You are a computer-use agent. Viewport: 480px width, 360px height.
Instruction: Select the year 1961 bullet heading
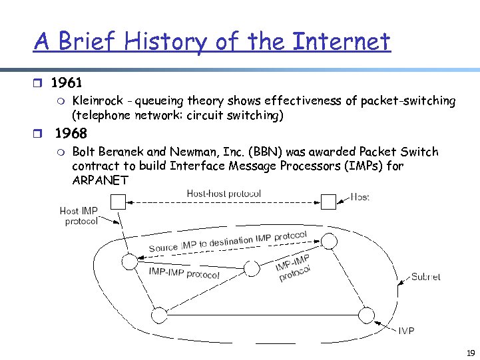pyautogui.click(x=67, y=83)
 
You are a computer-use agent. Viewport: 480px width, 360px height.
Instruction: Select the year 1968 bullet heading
pyautogui.click(x=71, y=133)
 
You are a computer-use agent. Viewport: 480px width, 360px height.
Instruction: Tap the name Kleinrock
pyautogui.click(x=97, y=101)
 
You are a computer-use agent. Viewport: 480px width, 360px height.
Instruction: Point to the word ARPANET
pyautogui.click(x=100, y=180)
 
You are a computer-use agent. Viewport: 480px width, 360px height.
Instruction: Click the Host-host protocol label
pyautogui.click(x=224, y=194)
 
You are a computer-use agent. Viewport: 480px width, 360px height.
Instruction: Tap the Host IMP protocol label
pyautogui.click(x=79, y=216)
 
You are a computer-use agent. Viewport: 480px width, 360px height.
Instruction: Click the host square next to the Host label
pyautogui.click(x=329, y=200)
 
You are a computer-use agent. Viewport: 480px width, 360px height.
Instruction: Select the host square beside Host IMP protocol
pyautogui.click(x=118, y=201)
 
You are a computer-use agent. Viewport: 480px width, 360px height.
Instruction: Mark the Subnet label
pyautogui.click(x=425, y=276)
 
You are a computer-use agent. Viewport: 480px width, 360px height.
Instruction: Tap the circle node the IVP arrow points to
pyautogui.click(x=366, y=314)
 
